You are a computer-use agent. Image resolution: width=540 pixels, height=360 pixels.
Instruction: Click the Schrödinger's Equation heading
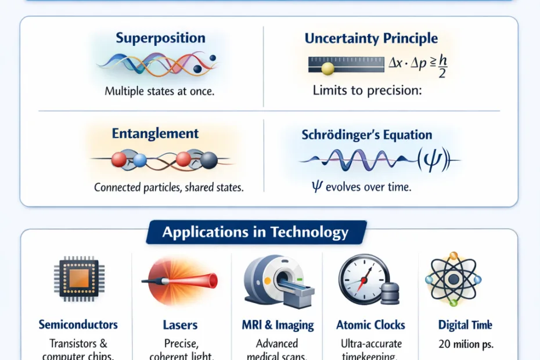click(366, 135)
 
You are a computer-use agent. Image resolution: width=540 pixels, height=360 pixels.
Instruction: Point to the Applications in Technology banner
click(255, 233)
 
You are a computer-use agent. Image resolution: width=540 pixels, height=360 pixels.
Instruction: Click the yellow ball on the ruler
click(327, 69)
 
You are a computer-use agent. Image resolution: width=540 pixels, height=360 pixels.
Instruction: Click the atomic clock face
click(362, 278)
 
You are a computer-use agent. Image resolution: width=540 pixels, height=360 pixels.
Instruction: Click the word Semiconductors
click(78, 325)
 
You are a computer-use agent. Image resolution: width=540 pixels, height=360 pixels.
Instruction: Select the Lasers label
click(181, 325)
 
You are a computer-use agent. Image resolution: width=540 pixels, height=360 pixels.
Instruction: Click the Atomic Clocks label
click(370, 325)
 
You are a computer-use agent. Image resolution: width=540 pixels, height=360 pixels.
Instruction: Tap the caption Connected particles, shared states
click(168, 188)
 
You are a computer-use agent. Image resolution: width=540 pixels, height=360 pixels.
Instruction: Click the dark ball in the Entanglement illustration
click(208, 160)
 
